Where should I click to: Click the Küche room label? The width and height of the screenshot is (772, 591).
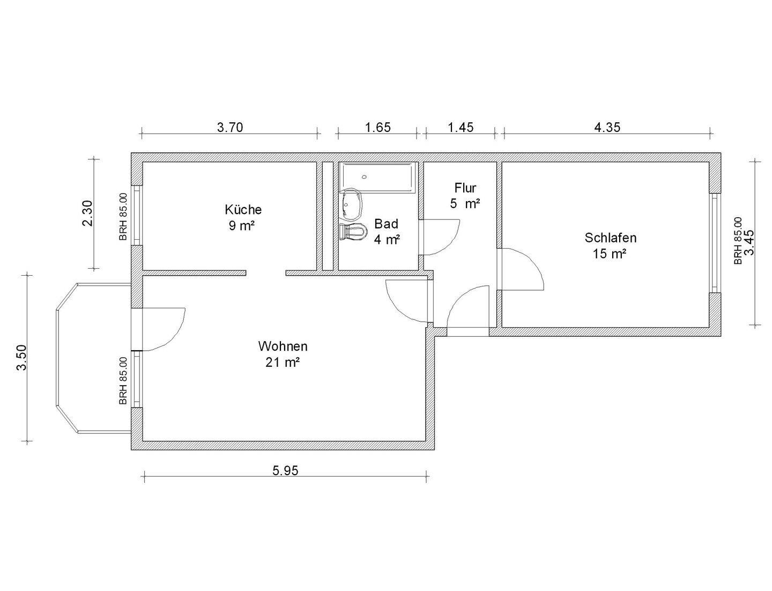243,209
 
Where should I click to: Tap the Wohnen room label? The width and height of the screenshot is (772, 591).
283,346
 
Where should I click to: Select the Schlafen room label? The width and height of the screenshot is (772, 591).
610,238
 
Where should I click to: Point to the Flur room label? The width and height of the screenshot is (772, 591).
465,188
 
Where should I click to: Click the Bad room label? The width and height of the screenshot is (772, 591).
386,224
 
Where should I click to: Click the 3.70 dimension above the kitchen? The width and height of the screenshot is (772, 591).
230,128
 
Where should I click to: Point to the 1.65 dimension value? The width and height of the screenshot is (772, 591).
377,128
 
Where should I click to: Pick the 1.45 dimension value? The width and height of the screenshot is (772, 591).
461,128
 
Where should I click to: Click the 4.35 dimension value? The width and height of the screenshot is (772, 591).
607,128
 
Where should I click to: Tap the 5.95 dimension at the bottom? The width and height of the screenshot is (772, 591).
285,471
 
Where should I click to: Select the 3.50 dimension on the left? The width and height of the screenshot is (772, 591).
21,358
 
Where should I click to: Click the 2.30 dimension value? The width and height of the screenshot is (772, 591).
88,213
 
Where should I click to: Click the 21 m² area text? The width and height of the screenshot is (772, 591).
282,363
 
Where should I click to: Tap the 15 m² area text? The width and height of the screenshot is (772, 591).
610,254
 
